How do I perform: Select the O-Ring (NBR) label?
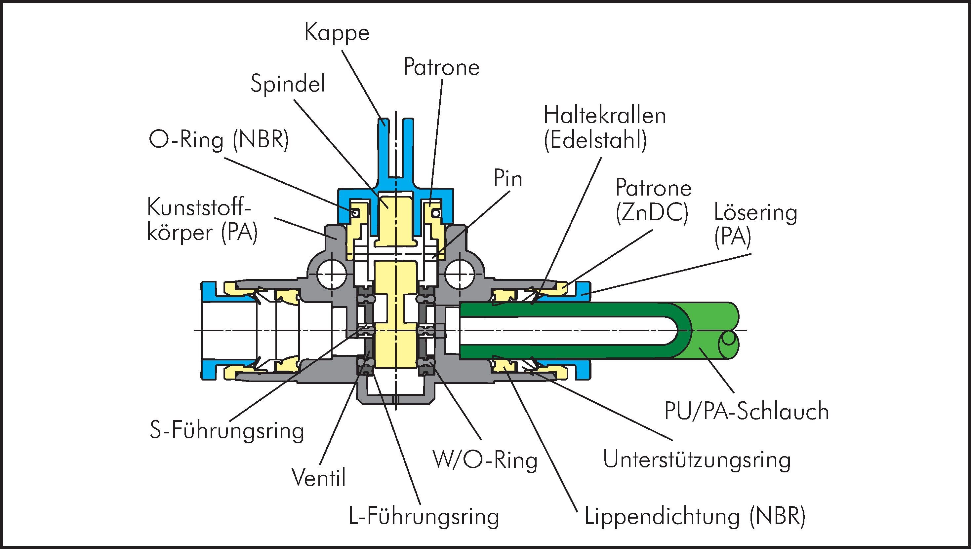click(219, 141)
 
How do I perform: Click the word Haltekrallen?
click(605, 115)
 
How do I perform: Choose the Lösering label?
click(755, 213)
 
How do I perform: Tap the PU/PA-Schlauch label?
click(747, 411)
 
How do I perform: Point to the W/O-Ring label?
click(485, 460)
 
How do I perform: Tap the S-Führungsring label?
click(227, 431)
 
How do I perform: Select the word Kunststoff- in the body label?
click(199, 208)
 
